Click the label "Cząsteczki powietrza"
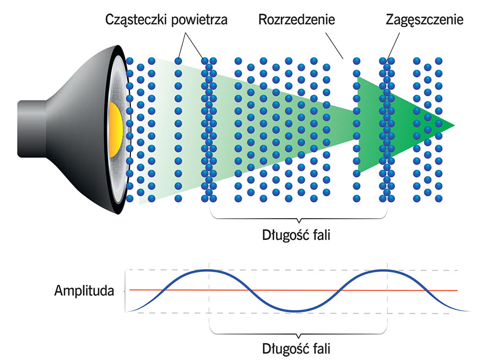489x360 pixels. pos(166,20)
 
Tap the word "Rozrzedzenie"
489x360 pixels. pos(297,20)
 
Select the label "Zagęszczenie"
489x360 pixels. pos(424,20)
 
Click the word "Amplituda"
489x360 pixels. pos(84,290)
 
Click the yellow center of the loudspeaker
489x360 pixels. pos(115,128)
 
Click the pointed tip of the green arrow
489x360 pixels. pos(453,126)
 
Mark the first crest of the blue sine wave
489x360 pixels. pos(210,270)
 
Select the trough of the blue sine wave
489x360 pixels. pos(298,311)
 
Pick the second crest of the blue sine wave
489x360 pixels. pos(386,270)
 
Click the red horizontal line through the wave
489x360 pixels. pos(326,290)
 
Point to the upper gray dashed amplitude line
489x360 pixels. pos(435,270)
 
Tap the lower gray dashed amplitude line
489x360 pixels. pos(435,313)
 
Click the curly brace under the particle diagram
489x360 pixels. pos(298,218)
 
